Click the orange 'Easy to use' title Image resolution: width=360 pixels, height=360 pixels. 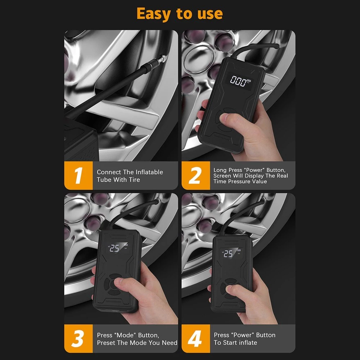click(x=180, y=14)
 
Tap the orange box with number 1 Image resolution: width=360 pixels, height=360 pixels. click(x=78, y=176)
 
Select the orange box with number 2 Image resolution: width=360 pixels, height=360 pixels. click(x=195, y=176)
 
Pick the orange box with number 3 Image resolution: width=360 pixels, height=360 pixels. click(x=78, y=339)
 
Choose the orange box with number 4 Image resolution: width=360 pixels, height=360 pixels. click(x=195, y=339)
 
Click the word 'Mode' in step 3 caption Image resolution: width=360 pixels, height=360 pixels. click(x=125, y=335)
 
